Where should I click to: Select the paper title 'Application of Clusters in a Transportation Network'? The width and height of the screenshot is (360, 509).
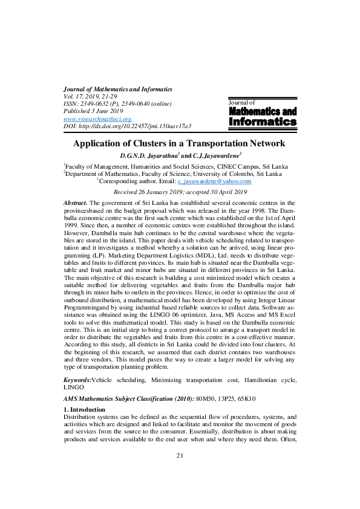pyautogui.click(x=179, y=144)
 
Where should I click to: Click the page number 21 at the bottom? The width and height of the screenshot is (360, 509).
pyautogui.click(x=180, y=472)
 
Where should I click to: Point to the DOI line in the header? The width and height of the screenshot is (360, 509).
pyautogui.click(x=127, y=126)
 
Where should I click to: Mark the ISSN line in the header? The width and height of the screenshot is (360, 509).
pyautogui.click(x=117, y=104)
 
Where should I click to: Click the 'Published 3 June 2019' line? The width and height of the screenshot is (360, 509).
pyautogui.click(x=93, y=111)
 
